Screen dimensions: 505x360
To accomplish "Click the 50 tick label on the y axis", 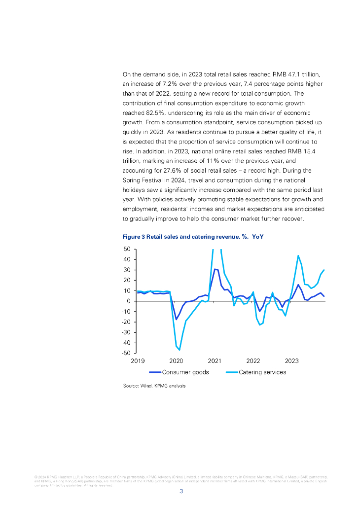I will tap(127, 250).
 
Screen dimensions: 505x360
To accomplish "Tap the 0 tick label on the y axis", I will tap(129, 301).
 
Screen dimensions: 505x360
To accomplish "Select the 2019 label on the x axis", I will tap(138, 361).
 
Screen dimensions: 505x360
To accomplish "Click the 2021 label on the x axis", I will tap(215, 361).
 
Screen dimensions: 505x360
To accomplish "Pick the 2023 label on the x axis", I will tap(292, 361).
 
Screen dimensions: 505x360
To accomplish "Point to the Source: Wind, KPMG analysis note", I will tap(154, 386).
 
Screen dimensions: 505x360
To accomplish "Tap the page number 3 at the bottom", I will tap(181, 491).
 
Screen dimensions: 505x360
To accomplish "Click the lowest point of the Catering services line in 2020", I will tap(180, 350).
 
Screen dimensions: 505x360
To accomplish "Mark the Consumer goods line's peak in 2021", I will tap(215, 269).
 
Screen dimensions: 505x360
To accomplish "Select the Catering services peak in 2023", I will tap(298, 255).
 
